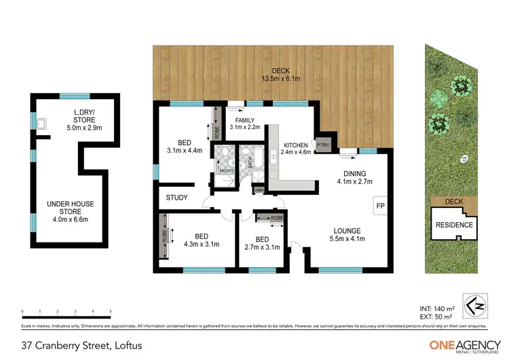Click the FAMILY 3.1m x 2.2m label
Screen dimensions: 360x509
(244, 124)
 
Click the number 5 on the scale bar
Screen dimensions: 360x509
(110, 312)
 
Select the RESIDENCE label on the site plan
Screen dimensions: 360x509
(454, 224)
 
